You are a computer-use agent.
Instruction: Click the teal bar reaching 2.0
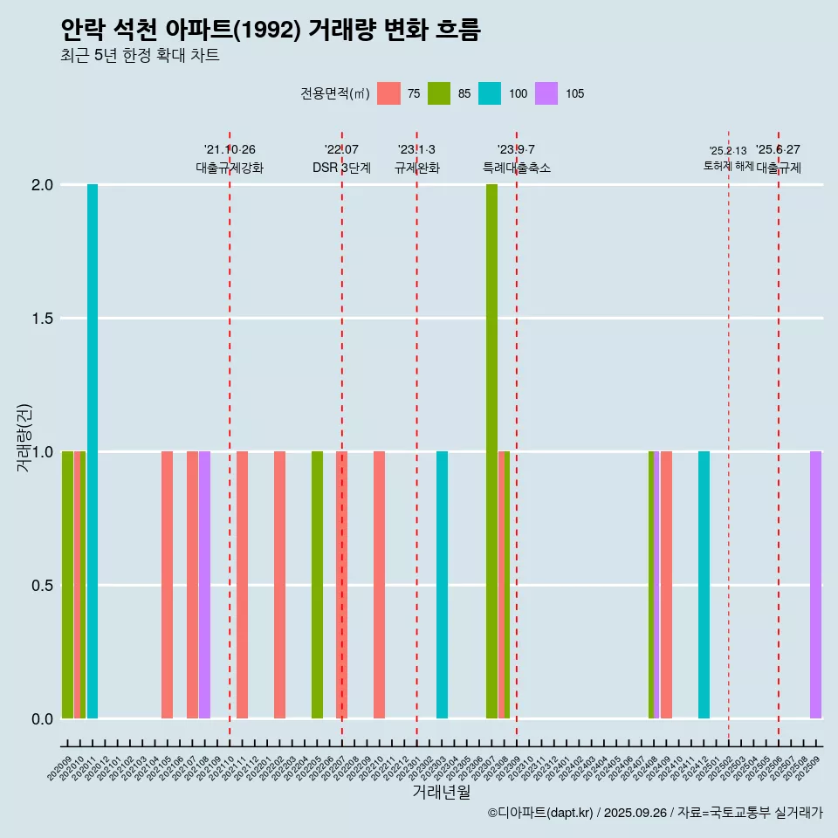93,451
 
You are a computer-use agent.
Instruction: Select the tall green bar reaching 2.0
491,451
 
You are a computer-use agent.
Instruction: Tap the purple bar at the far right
815,585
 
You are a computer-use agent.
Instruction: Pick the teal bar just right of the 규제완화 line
442,585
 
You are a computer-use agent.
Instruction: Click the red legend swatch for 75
388,93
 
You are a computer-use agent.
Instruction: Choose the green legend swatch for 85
439,93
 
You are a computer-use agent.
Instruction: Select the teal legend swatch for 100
490,93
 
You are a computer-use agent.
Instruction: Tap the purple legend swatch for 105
546,93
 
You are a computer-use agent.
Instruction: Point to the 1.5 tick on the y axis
43,319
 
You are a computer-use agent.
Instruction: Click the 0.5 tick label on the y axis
43,586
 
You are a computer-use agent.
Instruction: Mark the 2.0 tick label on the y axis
43,185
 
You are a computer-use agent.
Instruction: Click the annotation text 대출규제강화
230,168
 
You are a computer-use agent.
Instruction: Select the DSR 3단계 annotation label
341,168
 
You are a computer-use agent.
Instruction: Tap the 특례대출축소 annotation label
517,168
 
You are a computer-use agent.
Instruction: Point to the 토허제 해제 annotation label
728,166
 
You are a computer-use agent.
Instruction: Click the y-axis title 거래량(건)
24,438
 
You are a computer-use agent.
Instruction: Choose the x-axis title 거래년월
441,793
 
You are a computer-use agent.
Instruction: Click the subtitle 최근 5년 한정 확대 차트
140,56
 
